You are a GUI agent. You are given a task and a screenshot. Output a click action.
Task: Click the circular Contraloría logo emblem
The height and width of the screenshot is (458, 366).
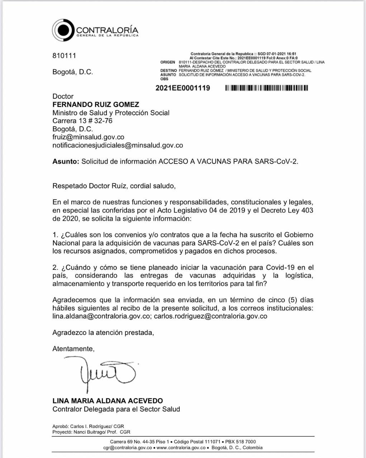[64, 30]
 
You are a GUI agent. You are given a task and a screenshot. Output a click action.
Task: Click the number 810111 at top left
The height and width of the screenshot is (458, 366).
[64, 56]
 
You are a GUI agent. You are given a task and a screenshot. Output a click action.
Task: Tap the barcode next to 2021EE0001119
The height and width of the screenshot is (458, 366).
[266, 88]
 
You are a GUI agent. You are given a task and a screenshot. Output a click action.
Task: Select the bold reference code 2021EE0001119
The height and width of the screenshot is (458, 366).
[183, 88]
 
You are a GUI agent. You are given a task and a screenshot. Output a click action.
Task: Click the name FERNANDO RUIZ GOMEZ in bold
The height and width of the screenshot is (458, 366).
[96, 104]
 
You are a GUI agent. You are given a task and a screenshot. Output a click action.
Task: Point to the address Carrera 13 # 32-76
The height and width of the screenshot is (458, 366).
[82, 121]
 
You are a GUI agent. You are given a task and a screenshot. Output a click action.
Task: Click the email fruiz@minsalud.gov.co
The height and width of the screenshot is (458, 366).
[88, 137]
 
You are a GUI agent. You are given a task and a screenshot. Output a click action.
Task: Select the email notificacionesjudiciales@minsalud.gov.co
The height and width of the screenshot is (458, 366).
[118, 145]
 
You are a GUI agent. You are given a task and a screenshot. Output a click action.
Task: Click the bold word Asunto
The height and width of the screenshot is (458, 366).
[66, 161]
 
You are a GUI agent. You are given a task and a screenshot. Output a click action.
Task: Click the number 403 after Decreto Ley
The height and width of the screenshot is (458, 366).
[307, 210]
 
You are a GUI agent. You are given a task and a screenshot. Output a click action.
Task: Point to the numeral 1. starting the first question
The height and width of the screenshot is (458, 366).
[56, 235]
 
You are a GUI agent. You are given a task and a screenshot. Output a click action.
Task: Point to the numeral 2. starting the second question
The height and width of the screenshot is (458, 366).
[56, 268]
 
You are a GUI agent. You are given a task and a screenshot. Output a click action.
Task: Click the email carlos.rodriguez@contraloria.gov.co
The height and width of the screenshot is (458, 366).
[211, 316]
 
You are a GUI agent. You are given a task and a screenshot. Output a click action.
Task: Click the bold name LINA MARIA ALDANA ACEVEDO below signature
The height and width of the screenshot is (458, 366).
[108, 401]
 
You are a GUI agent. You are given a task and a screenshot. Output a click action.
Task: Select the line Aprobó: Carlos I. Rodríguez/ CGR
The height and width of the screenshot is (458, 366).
[88, 427]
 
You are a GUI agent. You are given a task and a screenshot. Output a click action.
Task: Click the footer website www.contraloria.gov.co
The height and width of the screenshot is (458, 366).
[181, 448]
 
